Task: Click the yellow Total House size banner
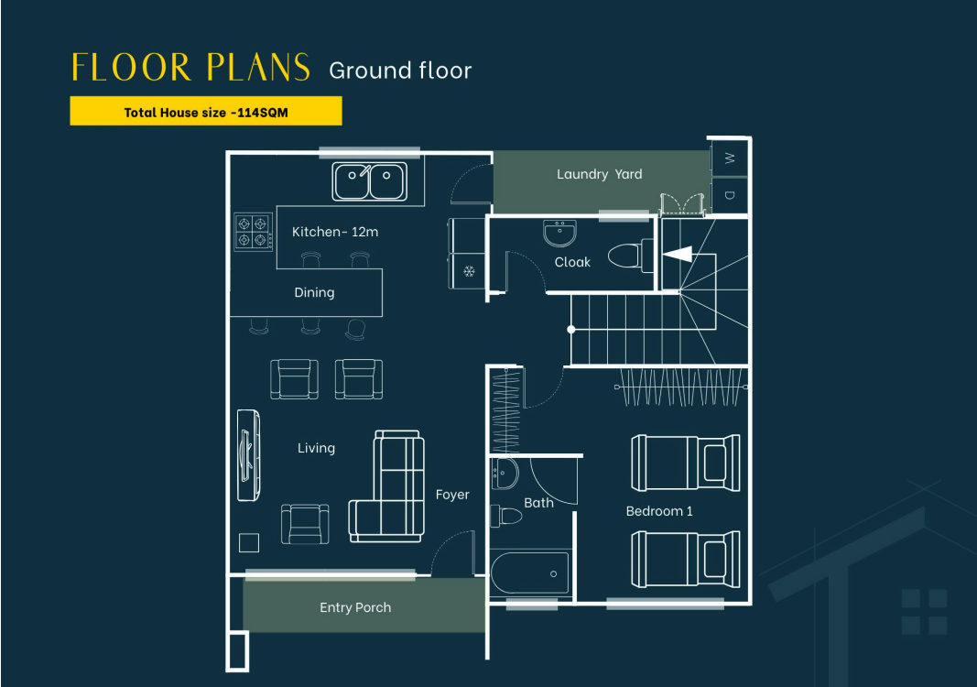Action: coord(206,111)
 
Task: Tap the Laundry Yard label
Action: coord(600,174)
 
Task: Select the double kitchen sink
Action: coord(370,181)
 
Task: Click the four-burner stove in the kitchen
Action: coord(253,232)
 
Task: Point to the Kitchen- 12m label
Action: coord(335,232)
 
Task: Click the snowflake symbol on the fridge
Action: coord(469,271)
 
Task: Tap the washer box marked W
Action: coord(730,158)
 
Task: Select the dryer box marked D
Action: coord(730,196)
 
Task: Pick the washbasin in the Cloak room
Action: coord(559,233)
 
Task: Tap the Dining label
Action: coord(314,292)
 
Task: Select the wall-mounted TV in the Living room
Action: coord(249,454)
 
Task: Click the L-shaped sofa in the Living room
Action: coord(387,486)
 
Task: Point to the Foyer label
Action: coord(452,495)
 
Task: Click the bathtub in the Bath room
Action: coord(530,572)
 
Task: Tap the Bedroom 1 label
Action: coord(659,511)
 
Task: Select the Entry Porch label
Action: coord(355,607)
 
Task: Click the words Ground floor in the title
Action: coord(400,71)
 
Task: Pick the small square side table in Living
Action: coord(249,543)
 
